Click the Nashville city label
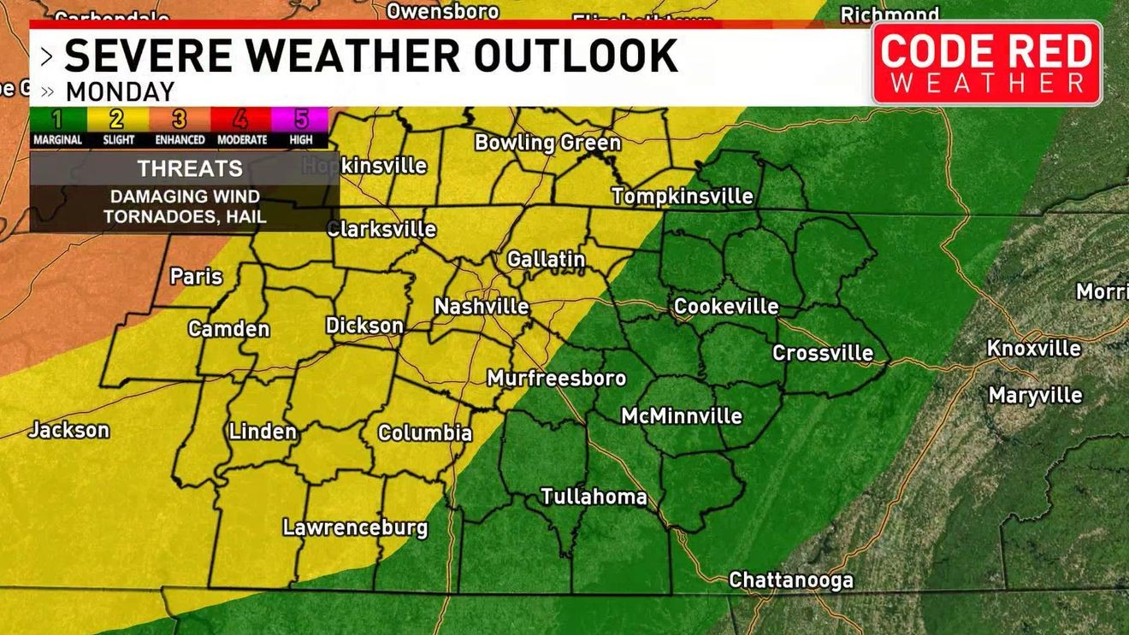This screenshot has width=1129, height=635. coord(482,306)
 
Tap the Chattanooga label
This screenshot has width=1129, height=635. coord(791,580)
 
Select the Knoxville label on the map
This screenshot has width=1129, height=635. coord(1033,349)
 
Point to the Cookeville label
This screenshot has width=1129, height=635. coord(726,306)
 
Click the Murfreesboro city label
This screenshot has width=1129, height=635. coord(557,378)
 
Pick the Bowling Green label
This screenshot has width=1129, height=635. coord(547,143)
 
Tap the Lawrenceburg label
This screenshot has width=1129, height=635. coord(355,527)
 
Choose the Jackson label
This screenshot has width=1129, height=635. coord(68,430)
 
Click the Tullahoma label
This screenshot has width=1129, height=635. coord(594,497)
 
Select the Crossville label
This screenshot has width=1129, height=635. coord(823,352)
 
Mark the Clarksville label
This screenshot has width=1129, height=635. coord(381,229)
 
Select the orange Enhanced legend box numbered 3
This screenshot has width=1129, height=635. coord(180,119)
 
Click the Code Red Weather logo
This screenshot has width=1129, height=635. coord(987,63)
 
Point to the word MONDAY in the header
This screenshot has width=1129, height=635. coord(120,91)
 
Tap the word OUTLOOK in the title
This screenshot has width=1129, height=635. coord(576,56)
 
